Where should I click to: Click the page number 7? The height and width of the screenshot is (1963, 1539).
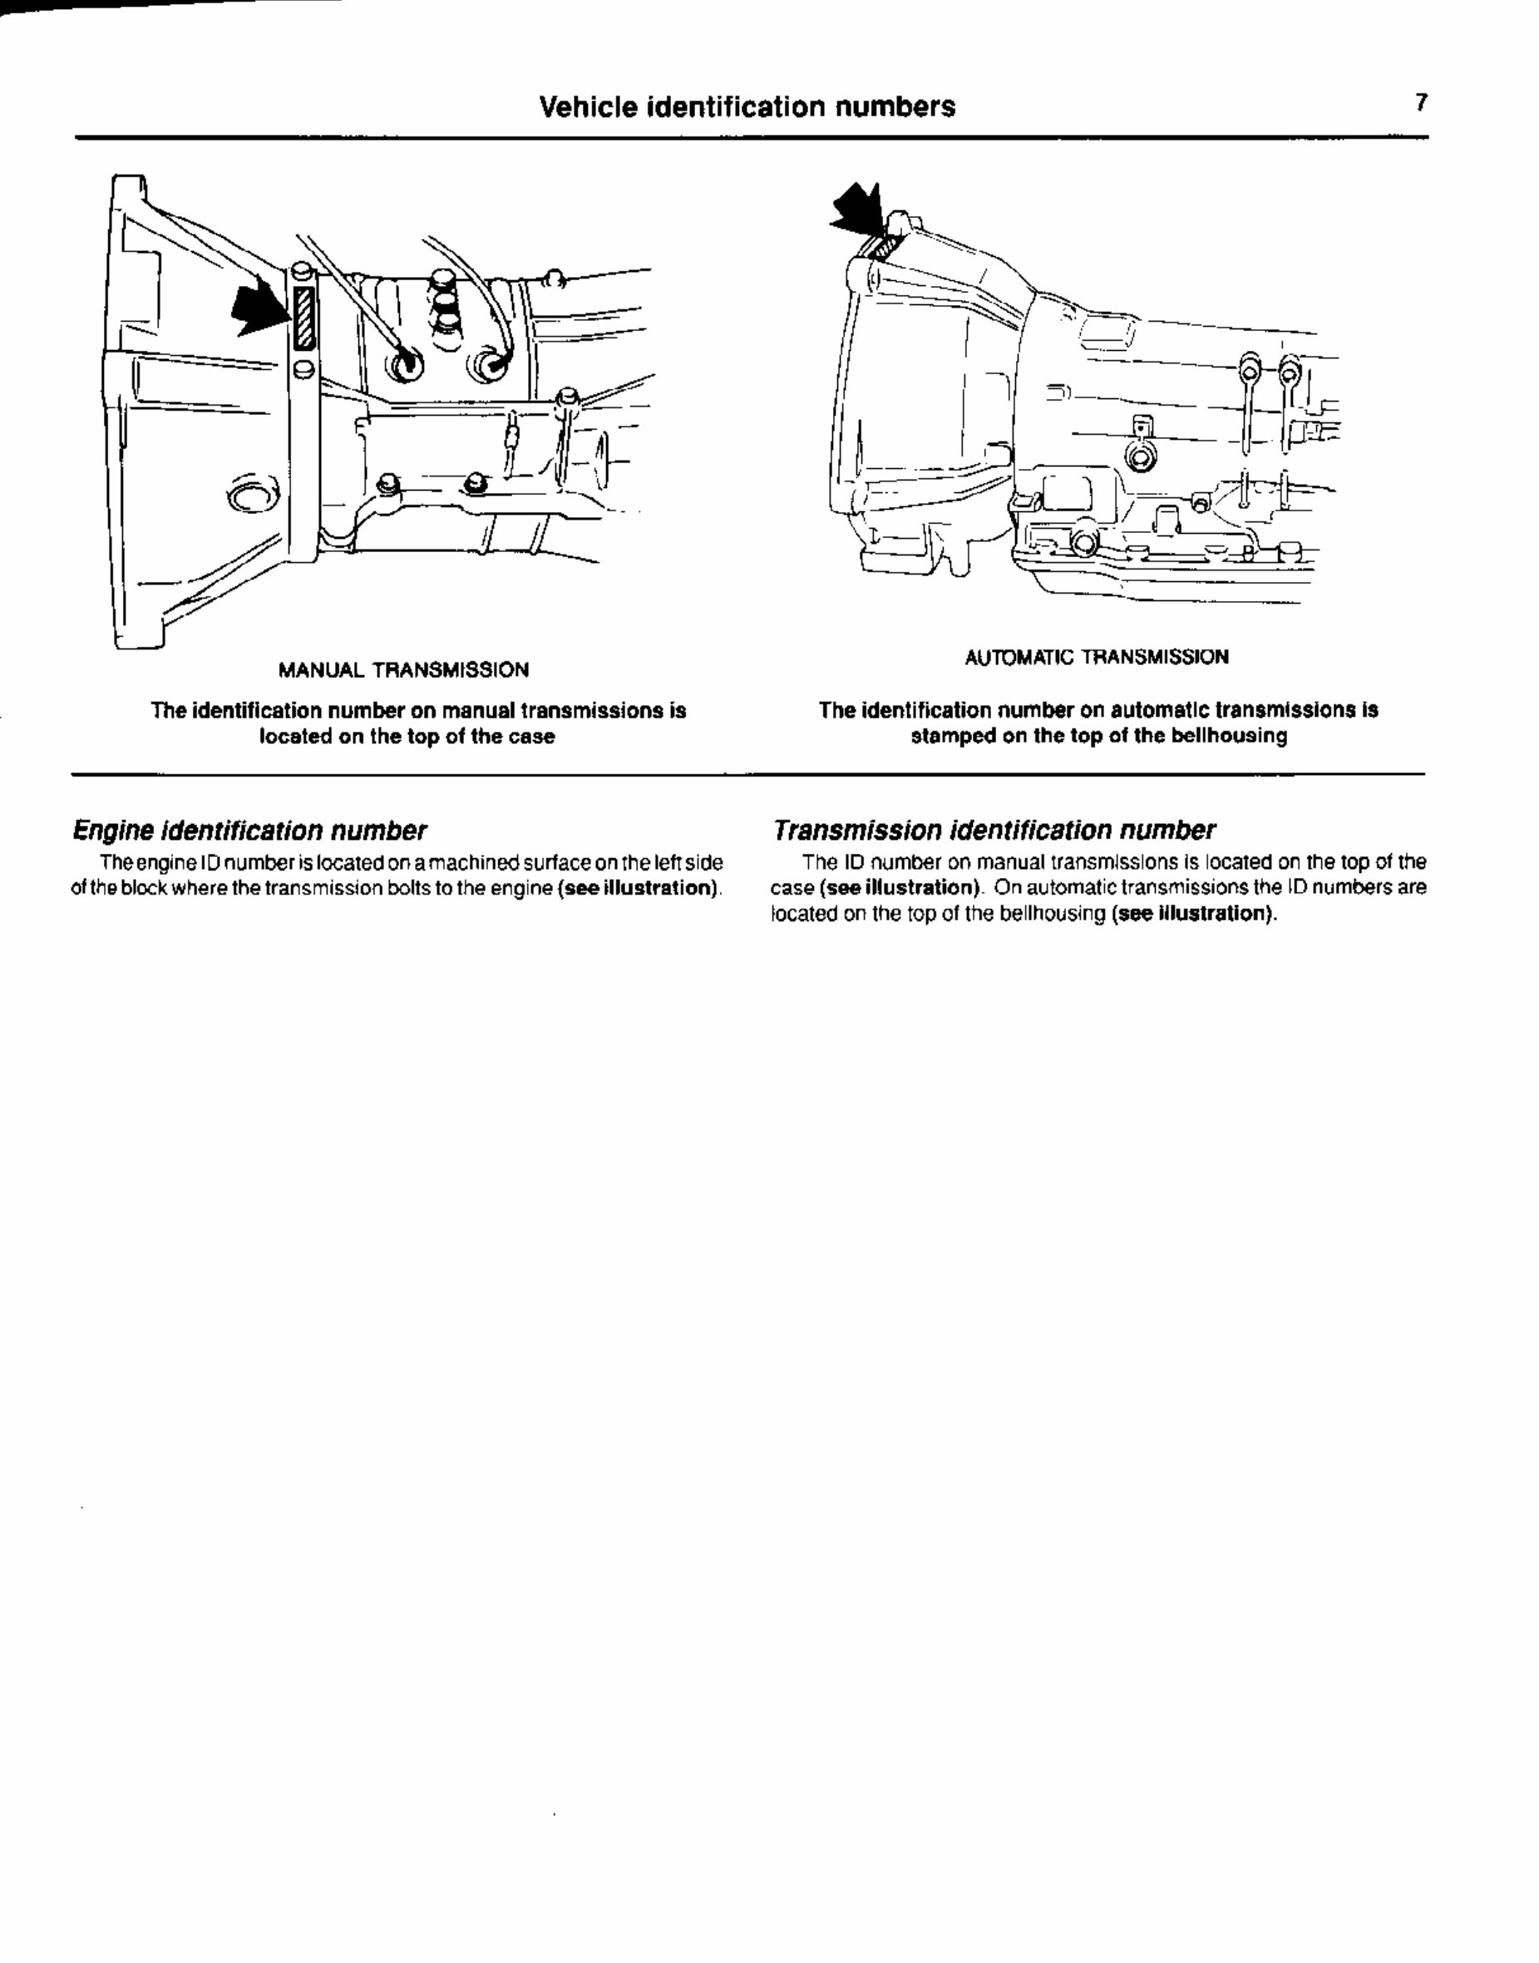click(1421, 103)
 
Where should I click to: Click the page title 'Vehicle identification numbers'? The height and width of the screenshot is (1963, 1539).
click(747, 107)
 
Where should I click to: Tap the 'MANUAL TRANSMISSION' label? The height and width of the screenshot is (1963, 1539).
click(404, 670)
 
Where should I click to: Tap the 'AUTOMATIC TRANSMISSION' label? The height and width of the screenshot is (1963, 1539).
click(1096, 658)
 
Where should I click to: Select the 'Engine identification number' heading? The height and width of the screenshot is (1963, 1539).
click(249, 830)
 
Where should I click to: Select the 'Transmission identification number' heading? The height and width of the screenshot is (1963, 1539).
click(994, 830)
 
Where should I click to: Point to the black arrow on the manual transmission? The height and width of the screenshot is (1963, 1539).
click(259, 312)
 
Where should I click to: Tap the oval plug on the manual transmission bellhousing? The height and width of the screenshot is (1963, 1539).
click(249, 496)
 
